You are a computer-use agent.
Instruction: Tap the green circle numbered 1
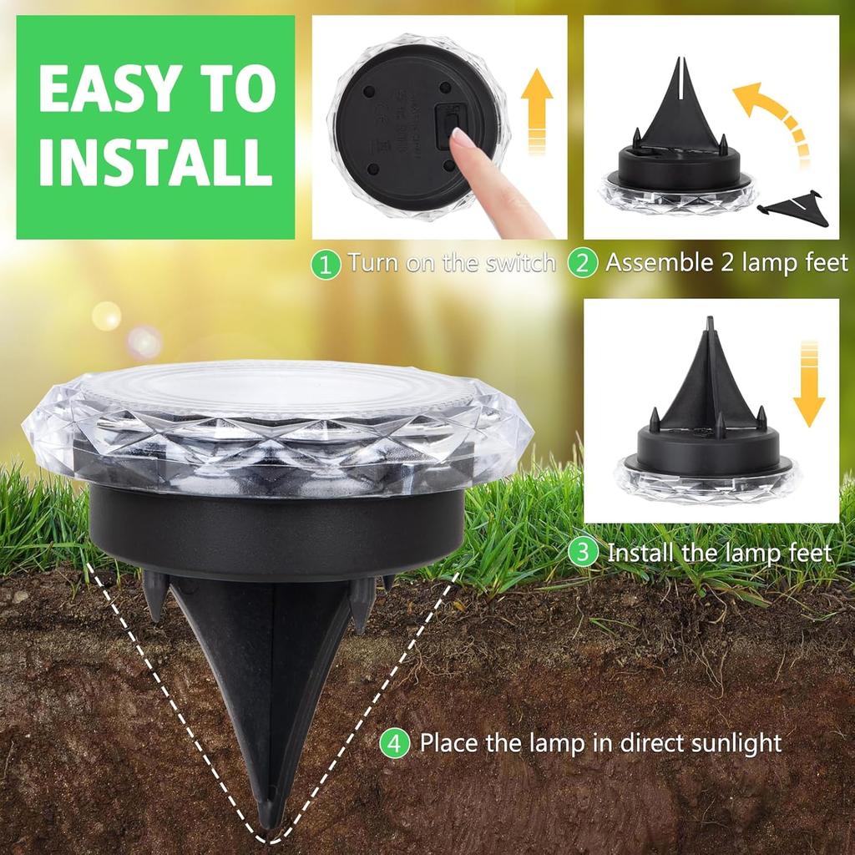326,265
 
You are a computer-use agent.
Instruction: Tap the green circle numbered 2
583,264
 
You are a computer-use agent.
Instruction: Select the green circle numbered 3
584,553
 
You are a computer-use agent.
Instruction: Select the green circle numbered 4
395,743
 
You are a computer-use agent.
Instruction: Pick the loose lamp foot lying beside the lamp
797,210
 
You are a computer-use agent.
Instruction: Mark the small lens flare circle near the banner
107,316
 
